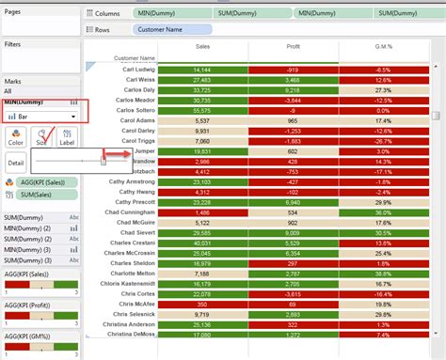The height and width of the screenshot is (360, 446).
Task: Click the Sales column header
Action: click(x=202, y=45)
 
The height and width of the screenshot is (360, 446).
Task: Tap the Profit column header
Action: click(x=293, y=45)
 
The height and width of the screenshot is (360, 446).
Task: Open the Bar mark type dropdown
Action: click(x=41, y=117)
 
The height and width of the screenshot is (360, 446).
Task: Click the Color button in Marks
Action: click(x=16, y=137)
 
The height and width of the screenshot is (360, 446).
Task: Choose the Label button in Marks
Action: click(x=67, y=137)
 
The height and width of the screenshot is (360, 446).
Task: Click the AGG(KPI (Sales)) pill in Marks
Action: click(x=45, y=181)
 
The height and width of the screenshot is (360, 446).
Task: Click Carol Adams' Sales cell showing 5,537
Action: click(x=201, y=121)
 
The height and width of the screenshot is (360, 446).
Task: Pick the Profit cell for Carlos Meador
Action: click(x=293, y=101)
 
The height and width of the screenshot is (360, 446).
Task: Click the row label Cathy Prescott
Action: click(x=135, y=202)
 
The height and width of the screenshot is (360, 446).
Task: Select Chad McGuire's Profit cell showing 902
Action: click(x=293, y=223)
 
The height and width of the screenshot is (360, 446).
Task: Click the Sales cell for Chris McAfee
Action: click(x=201, y=304)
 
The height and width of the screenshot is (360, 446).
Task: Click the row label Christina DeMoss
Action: click(x=131, y=335)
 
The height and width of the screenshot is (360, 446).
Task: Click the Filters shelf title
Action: click(x=12, y=44)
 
